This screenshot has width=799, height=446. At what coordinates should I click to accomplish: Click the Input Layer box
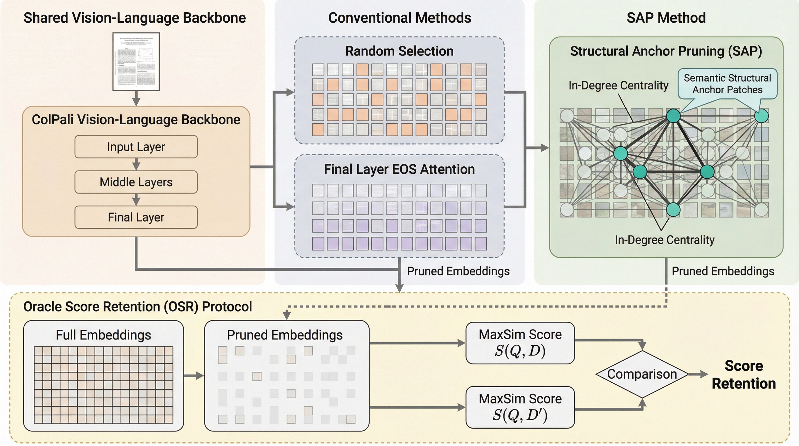136,147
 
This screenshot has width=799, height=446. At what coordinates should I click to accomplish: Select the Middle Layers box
136,182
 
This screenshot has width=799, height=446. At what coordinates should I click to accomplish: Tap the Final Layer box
136,217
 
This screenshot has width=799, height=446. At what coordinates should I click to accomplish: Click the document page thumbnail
136,61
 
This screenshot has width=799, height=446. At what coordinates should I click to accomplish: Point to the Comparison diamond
642,374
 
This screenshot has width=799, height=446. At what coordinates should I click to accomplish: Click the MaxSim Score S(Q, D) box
520,343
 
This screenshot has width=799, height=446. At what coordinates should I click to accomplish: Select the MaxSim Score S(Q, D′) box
520,407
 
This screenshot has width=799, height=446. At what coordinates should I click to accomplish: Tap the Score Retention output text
744,375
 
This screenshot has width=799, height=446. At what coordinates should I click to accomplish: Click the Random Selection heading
399,51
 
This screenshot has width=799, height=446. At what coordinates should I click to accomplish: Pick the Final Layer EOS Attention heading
399,169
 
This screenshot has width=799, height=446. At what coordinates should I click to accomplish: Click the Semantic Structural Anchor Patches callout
727,84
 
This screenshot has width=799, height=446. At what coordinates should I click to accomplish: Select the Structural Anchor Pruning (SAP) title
666,51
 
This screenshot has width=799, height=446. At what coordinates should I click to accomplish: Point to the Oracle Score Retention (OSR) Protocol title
137,306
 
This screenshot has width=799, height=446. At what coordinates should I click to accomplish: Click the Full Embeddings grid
103,385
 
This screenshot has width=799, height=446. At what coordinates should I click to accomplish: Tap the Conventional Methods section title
399,18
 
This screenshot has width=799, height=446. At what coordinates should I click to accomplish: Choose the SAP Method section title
666,18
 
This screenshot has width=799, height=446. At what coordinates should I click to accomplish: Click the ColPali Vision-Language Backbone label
136,120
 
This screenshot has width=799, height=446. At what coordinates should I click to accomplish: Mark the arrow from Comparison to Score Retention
698,374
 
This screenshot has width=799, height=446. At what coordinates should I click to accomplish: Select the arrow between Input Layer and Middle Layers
136,164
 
